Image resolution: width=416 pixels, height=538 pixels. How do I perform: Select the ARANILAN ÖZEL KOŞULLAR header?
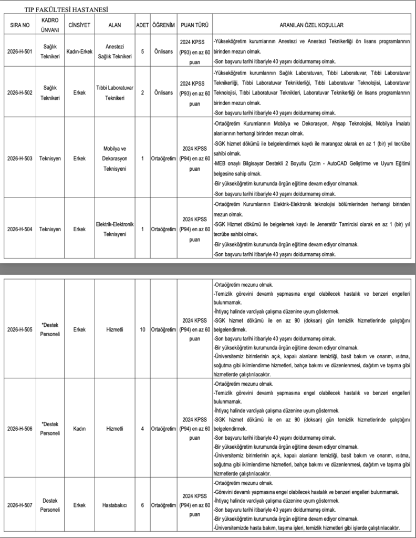311,25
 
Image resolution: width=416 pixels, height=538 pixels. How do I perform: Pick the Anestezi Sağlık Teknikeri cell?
114,51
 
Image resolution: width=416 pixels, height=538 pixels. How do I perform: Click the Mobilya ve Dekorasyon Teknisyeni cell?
114,157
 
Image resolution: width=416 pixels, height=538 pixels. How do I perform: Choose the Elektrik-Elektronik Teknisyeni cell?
114,229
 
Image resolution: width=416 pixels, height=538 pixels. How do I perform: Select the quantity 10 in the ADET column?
142,329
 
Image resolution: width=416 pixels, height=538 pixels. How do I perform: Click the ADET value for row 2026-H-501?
142,51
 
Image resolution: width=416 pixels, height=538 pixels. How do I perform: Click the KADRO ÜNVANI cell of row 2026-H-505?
50,329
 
